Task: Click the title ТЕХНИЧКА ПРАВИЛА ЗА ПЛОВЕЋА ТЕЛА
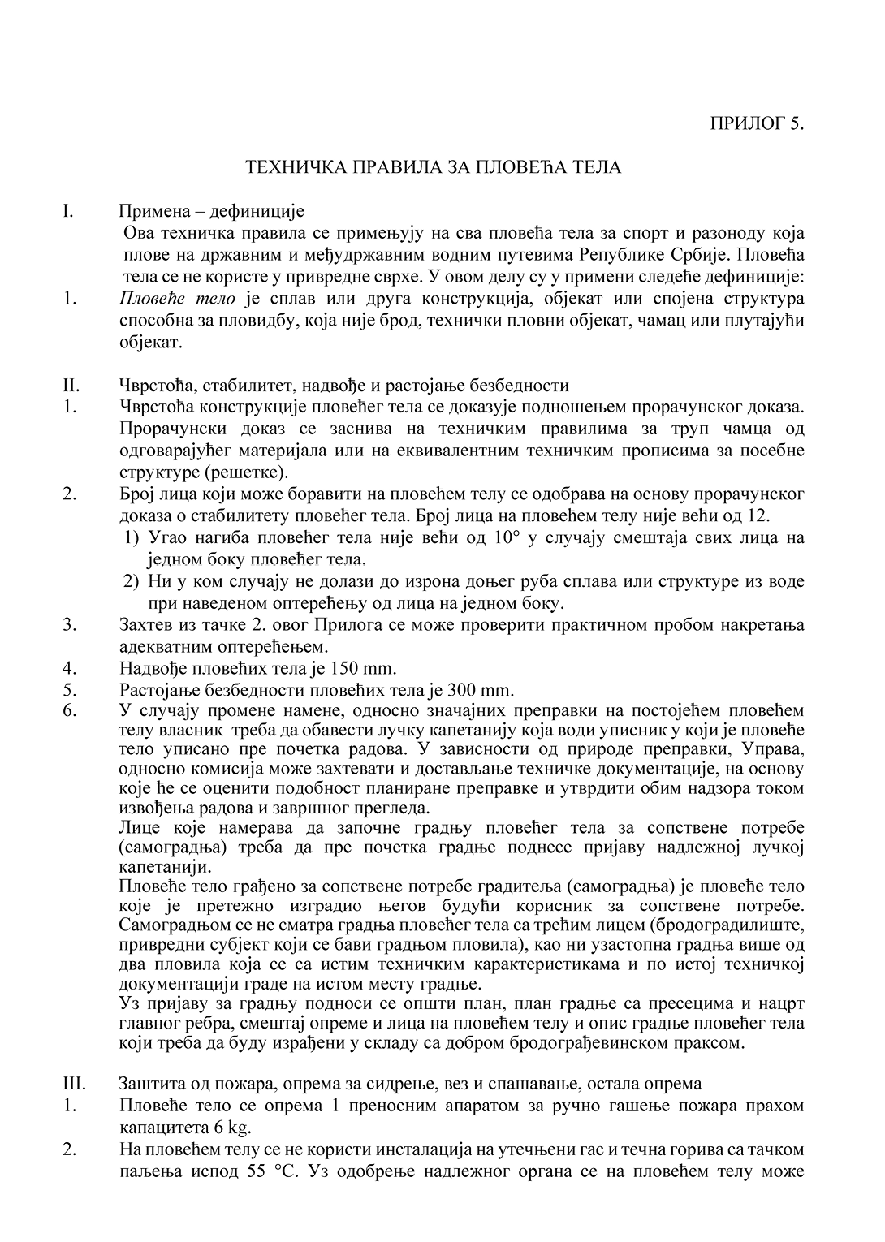[x=434, y=168]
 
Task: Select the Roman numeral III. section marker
[x=72, y=1083]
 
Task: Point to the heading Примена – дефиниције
[x=211, y=213]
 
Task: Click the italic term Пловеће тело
[x=177, y=300]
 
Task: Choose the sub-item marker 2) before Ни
[x=132, y=581]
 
